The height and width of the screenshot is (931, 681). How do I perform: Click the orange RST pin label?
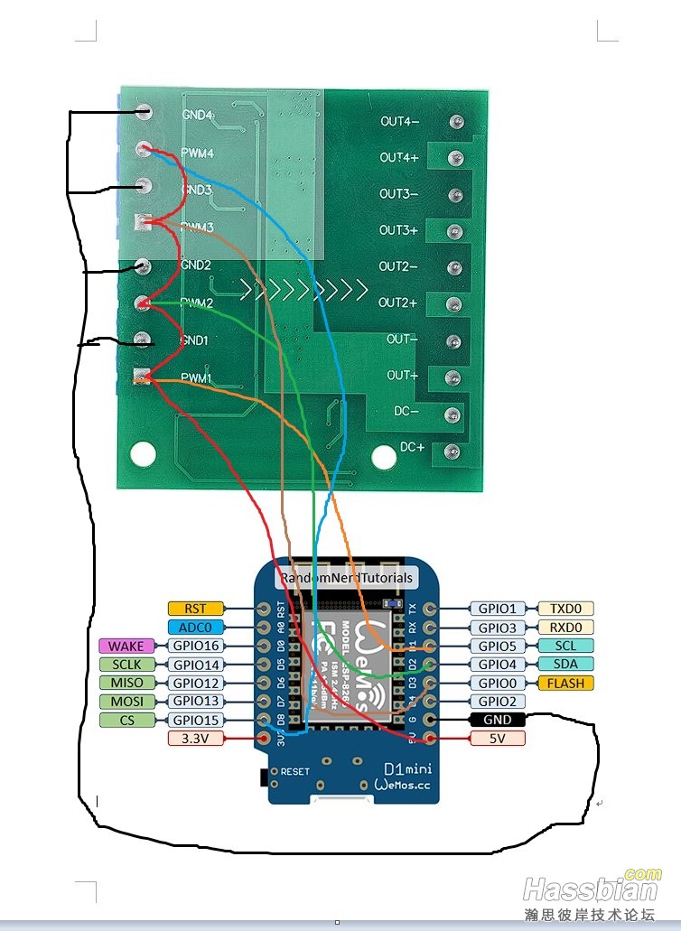pos(195,609)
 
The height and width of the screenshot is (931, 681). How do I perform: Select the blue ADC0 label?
pos(195,627)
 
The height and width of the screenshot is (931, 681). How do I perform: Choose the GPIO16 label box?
pos(195,646)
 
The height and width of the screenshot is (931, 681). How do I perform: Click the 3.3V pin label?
pos(195,739)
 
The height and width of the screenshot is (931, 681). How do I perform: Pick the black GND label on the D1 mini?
pos(498,720)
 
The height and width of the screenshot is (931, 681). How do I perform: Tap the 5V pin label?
pos(498,739)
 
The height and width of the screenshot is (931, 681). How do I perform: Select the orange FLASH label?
pos(566,683)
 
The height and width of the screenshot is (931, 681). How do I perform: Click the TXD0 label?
pos(566,609)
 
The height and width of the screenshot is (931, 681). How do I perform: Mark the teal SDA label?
pos(566,665)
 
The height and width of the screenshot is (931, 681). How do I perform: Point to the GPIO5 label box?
pos(498,646)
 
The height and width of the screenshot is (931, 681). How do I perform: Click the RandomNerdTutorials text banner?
pos(346,578)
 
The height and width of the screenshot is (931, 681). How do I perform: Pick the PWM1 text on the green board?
pos(196,379)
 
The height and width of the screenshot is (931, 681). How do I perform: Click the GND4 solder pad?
pos(144,113)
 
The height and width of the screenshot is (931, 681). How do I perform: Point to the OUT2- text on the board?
pos(398,266)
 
